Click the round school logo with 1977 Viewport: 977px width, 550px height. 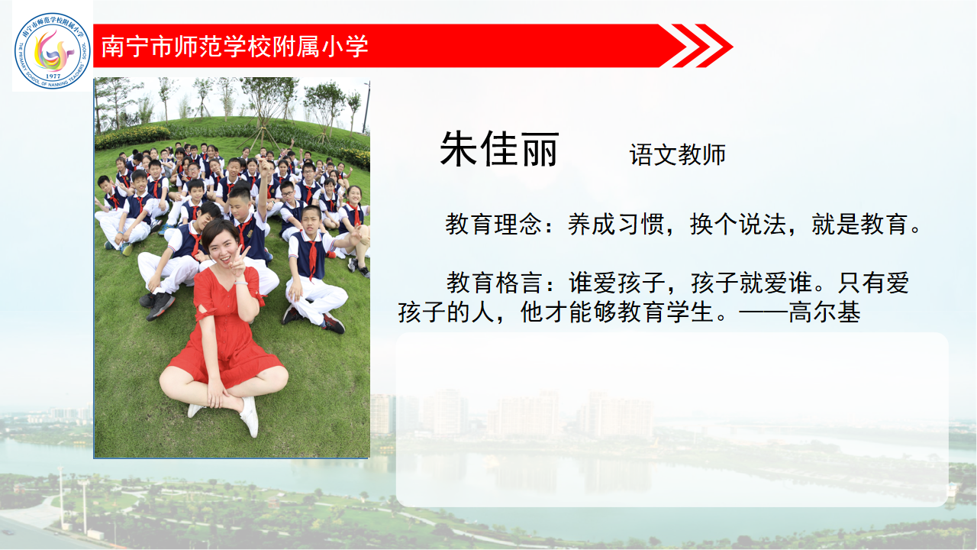pyautogui.click(x=53, y=50)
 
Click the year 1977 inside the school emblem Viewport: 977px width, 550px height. pyautogui.click(x=53, y=76)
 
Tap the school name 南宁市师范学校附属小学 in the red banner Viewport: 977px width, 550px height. pyautogui.click(x=234, y=47)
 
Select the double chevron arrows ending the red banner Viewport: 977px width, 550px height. pyautogui.click(x=702, y=46)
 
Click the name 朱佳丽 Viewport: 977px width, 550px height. pyautogui.click(x=499, y=149)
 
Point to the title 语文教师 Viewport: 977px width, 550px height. pyautogui.click(x=677, y=154)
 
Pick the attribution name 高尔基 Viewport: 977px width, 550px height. pyautogui.click(x=824, y=312)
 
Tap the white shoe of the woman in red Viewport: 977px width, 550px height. pyautogui.click(x=250, y=417)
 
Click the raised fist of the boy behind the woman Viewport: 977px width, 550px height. pyautogui.click(x=263, y=166)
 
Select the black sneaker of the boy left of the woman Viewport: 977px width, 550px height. pyautogui.click(x=160, y=305)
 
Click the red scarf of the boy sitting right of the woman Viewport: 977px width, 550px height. pyautogui.click(x=313, y=257)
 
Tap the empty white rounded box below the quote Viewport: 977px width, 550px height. pyautogui.click(x=672, y=419)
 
